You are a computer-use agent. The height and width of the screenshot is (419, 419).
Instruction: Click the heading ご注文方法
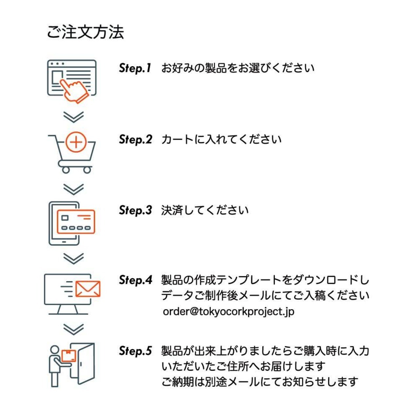coord(85,32)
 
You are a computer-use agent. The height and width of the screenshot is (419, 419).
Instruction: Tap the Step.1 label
coord(135,68)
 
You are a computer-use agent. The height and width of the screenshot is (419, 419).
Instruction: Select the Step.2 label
coord(136,139)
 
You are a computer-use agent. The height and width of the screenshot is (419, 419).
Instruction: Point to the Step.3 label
coord(136,210)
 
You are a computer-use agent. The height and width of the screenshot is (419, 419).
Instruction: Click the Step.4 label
coord(136,280)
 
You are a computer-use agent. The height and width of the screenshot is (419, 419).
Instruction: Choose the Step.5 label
coord(136,351)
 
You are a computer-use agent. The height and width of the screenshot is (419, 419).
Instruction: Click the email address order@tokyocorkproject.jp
coord(228,311)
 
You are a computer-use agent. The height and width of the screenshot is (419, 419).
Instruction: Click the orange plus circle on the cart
coord(76,142)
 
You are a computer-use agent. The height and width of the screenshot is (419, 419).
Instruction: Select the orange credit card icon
coord(76,222)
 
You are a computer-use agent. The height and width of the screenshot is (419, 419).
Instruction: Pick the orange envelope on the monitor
coord(88,289)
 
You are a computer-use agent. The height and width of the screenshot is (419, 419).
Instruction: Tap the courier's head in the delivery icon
coord(55,350)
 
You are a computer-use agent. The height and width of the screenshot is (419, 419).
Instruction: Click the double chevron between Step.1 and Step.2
coord(73,117)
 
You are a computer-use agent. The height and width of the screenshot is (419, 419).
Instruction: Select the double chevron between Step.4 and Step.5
coord(73,329)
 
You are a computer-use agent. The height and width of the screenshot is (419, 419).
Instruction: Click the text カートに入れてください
coord(221,139)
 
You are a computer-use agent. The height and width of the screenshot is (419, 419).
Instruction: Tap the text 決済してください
coord(205,210)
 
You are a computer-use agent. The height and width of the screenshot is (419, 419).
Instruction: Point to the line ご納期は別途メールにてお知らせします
coord(260,382)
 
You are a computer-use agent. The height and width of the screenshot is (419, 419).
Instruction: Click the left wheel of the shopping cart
coord(66,170)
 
